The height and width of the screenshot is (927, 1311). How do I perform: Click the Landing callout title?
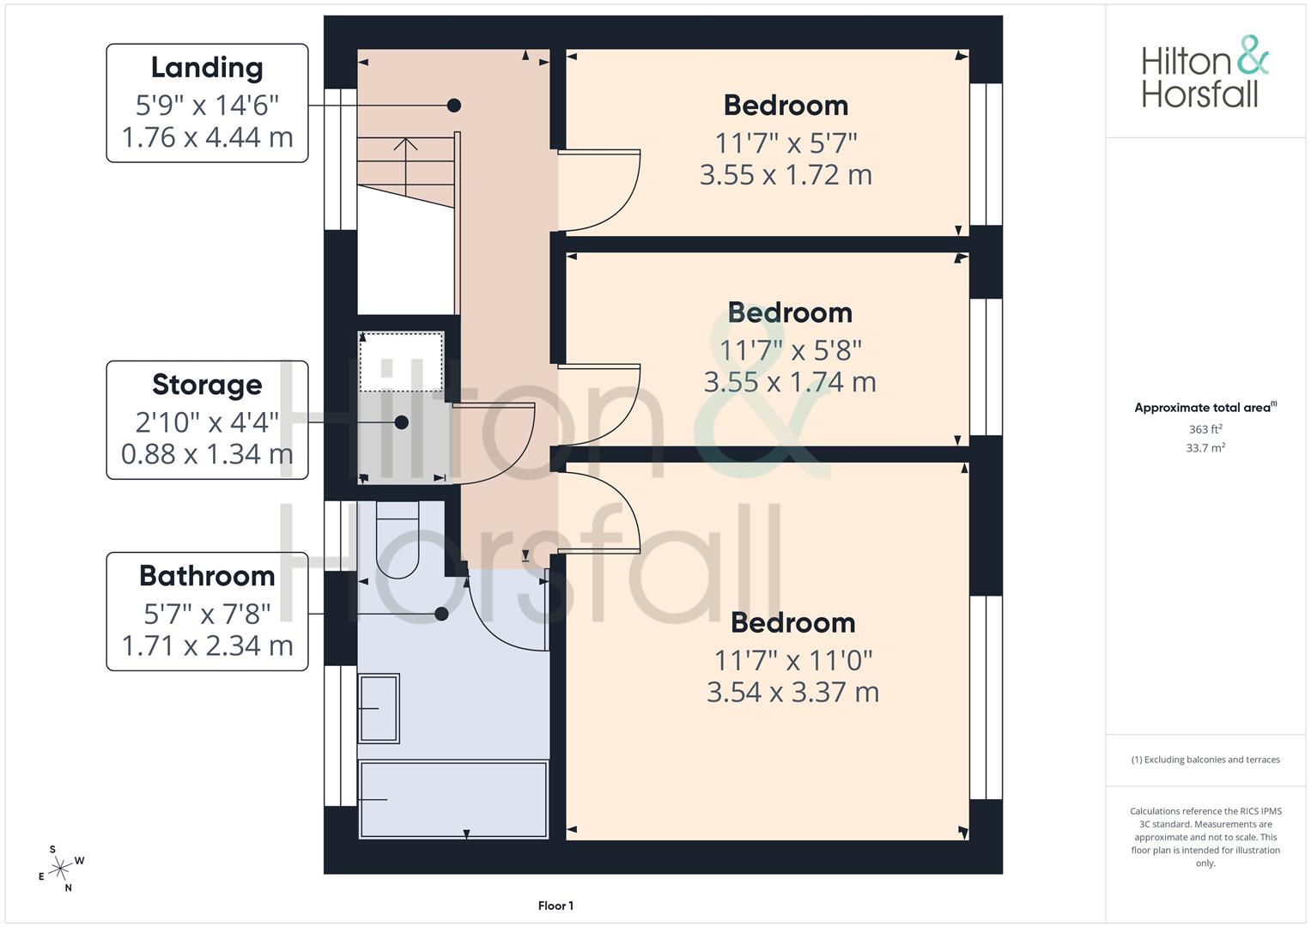pyautogui.click(x=207, y=67)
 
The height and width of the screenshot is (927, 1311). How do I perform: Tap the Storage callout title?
pyautogui.click(x=207, y=385)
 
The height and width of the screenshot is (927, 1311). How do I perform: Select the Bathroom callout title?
pyautogui.click(x=207, y=576)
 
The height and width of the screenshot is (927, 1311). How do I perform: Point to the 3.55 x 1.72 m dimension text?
pyautogui.click(x=786, y=175)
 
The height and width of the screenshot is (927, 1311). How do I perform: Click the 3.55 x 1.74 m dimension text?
pyautogui.click(x=790, y=382)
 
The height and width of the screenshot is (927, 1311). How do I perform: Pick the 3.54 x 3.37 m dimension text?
pyautogui.click(x=792, y=692)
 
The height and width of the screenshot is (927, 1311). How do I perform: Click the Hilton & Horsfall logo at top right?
pyautogui.click(x=1205, y=72)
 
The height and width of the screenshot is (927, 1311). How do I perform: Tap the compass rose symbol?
pyautogui.click(x=60, y=869)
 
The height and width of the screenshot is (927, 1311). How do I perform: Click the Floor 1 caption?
pyautogui.click(x=555, y=906)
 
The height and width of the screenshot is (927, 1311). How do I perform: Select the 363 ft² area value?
pyautogui.click(x=1205, y=429)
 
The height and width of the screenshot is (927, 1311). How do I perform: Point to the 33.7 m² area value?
pyautogui.click(x=1205, y=448)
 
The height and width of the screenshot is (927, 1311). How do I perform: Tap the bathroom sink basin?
pyautogui.click(x=379, y=708)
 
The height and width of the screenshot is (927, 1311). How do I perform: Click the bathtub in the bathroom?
pyautogui.click(x=453, y=799)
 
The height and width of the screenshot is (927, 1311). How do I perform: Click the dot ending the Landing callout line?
pyautogui.click(x=454, y=106)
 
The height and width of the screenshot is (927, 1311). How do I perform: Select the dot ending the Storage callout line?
pyautogui.click(x=401, y=422)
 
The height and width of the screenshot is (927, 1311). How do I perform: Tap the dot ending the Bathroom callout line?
pyautogui.click(x=441, y=614)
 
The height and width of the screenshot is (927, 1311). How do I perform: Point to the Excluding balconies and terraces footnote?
pyautogui.click(x=1205, y=760)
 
